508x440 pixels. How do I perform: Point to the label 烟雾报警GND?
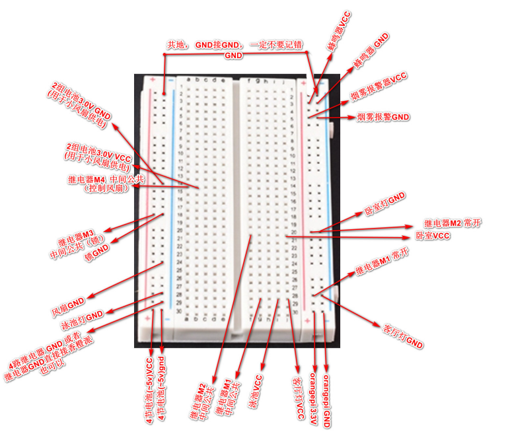tap(383, 117)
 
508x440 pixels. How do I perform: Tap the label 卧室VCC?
tap(433, 235)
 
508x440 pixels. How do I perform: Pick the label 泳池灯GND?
tap(83, 320)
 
